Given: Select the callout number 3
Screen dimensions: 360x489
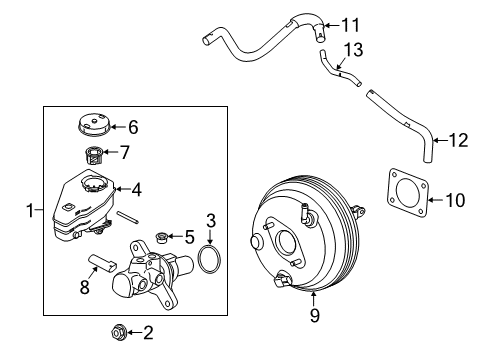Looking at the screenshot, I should pos(211,247).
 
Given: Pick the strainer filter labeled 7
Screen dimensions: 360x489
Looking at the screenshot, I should pos(92,154).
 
